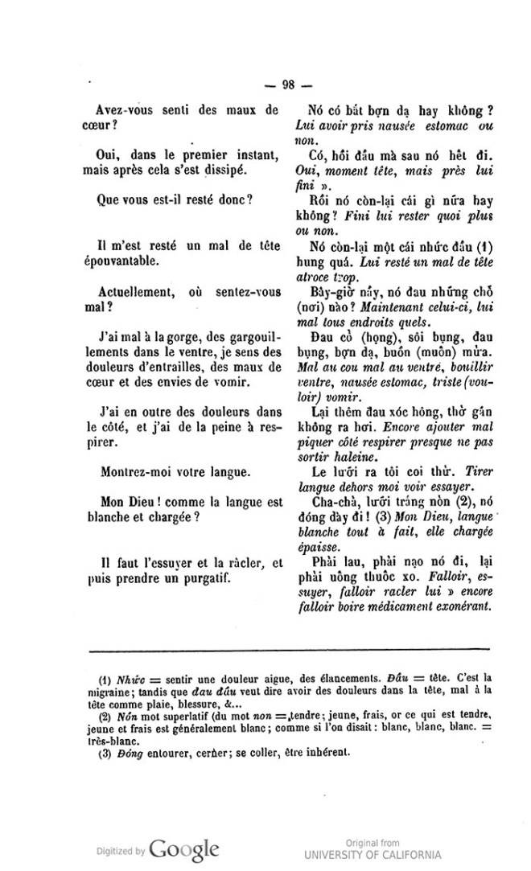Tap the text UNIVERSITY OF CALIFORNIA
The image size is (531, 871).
click(x=373, y=854)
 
